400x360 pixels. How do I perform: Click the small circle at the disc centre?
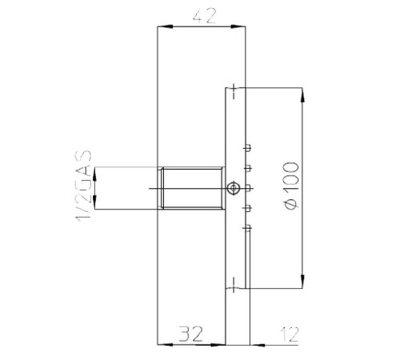232,188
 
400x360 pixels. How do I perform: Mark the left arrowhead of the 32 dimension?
162,345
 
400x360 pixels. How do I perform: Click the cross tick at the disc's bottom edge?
232,284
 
